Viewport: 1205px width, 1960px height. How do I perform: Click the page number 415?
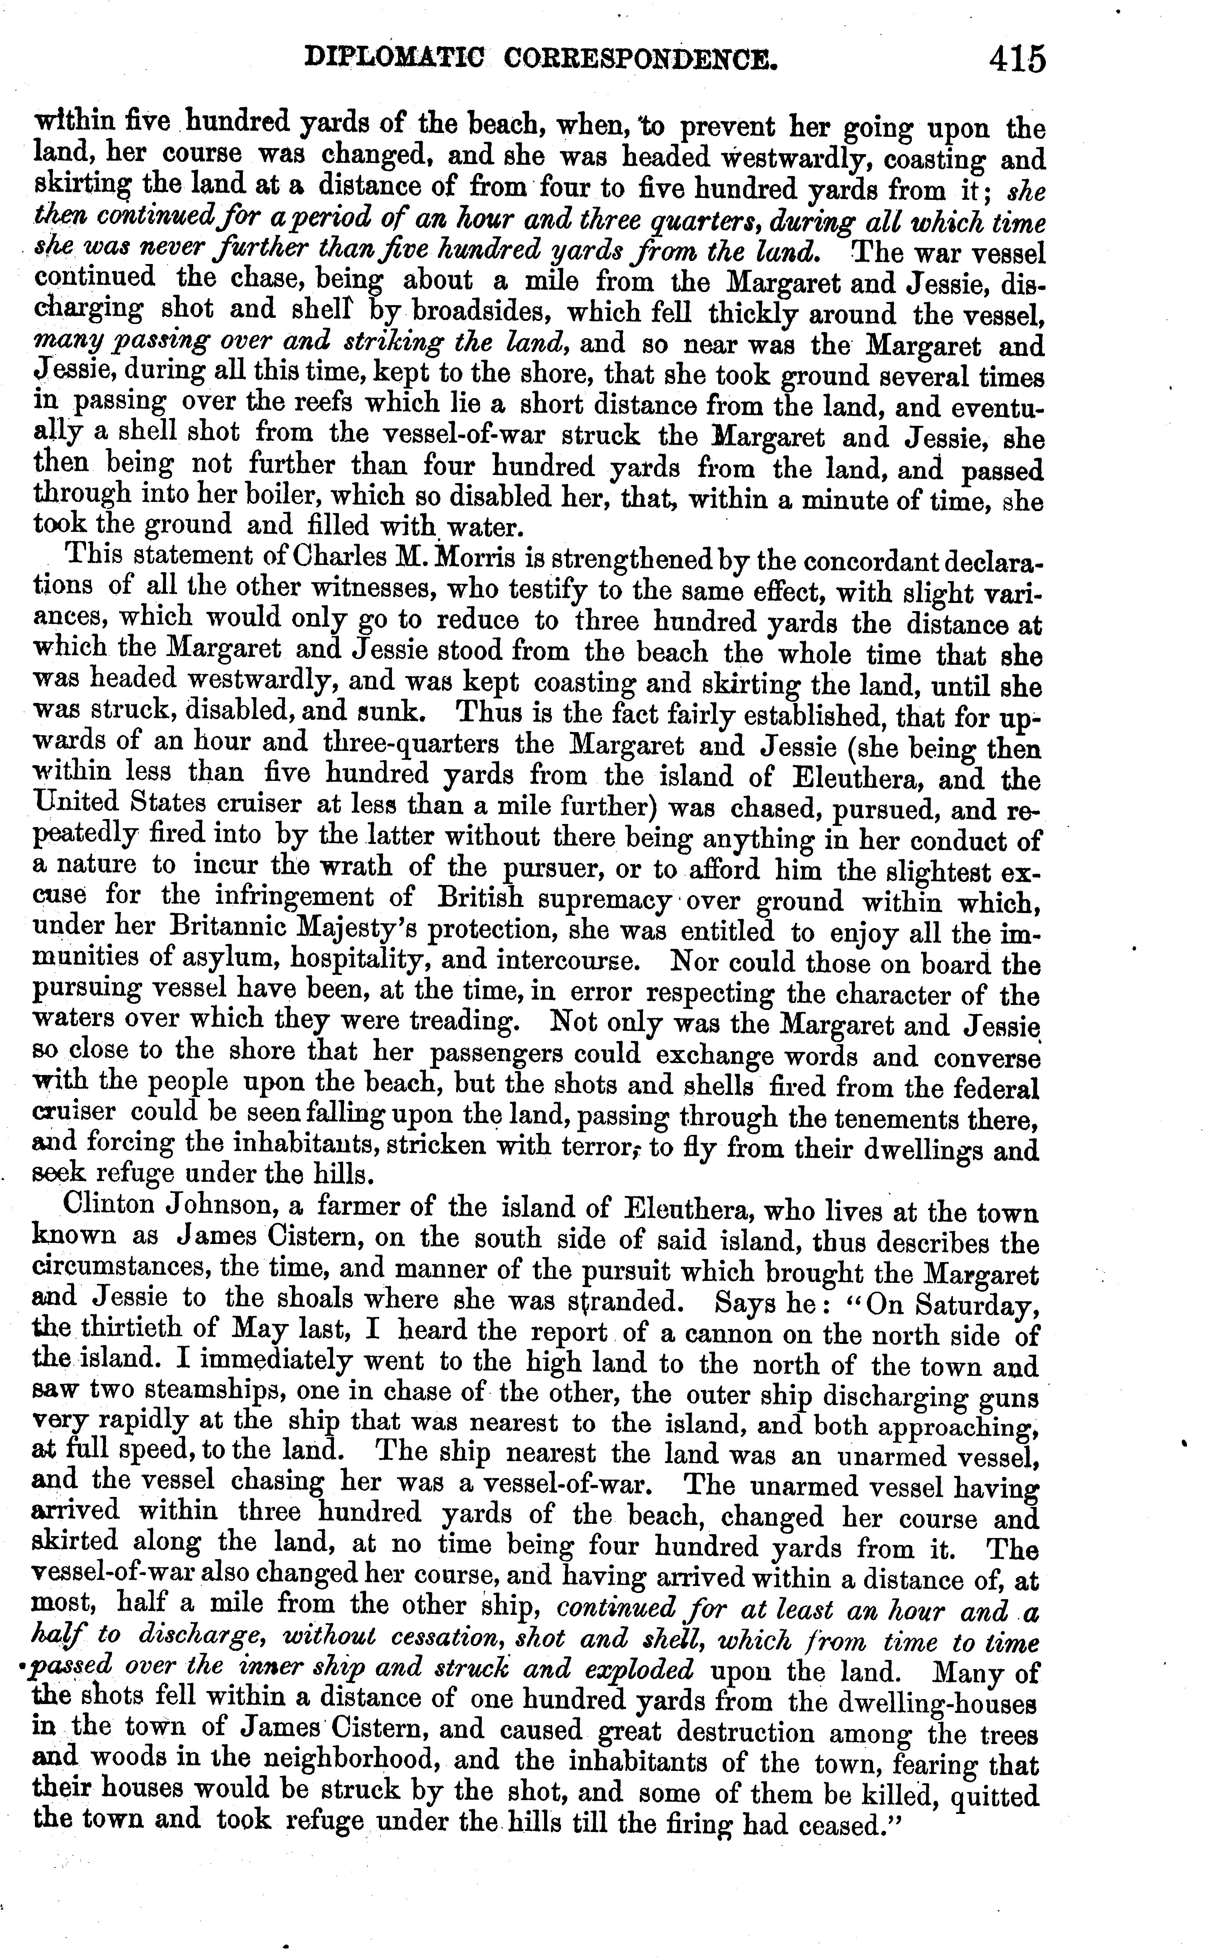1016,60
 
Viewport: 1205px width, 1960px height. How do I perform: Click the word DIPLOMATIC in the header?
395,60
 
